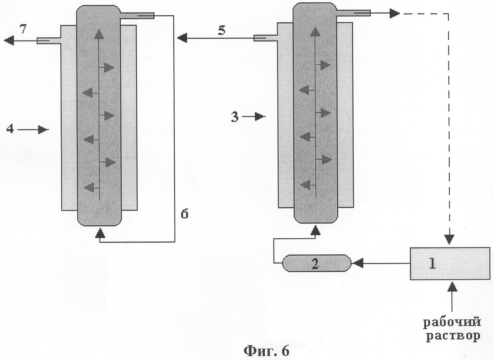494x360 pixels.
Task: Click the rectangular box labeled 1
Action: (448, 264)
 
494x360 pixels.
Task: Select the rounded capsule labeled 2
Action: (316, 263)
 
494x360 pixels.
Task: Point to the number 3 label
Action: (235, 117)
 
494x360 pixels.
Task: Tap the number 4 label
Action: (11, 130)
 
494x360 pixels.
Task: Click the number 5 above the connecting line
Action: (221, 31)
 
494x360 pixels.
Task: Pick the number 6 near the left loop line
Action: (185, 214)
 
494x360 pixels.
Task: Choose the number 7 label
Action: (23, 29)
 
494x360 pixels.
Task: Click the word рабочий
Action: (452, 322)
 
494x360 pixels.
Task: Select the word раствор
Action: (452, 335)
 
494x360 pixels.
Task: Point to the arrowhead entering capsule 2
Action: (356, 262)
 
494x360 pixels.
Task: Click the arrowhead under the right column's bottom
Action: (316, 230)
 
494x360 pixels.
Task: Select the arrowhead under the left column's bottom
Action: (99, 234)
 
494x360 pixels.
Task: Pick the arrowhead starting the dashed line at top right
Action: (394, 14)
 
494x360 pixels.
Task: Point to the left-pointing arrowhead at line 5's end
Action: (182, 38)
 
